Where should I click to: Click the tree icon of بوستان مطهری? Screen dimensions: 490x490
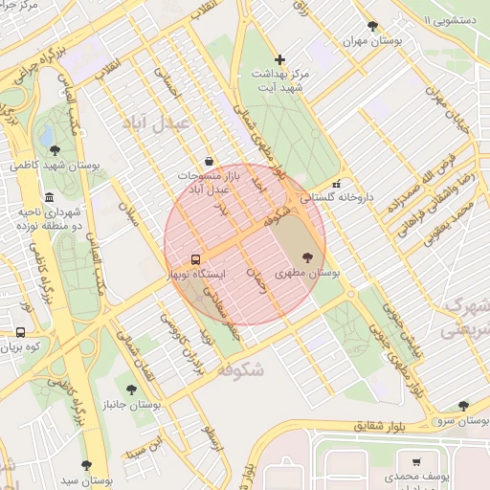[306, 256]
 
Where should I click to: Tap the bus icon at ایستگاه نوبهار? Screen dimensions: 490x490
[195, 259]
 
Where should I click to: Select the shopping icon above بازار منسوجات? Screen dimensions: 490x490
[210, 161]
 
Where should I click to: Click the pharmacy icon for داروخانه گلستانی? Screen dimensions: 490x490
[335, 185]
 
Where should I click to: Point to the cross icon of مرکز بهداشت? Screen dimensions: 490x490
[278, 59]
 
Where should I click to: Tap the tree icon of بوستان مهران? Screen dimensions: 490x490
[372, 27]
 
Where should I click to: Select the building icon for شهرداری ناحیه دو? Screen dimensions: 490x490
[50, 197]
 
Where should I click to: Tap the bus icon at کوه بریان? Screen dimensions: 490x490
[20, 332]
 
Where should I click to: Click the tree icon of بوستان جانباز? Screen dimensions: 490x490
[131, 390]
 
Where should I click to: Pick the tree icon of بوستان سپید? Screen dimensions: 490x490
[86, 465]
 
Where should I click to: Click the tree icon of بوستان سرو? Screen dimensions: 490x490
[463, 406]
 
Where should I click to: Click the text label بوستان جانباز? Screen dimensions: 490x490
[131, 406]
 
